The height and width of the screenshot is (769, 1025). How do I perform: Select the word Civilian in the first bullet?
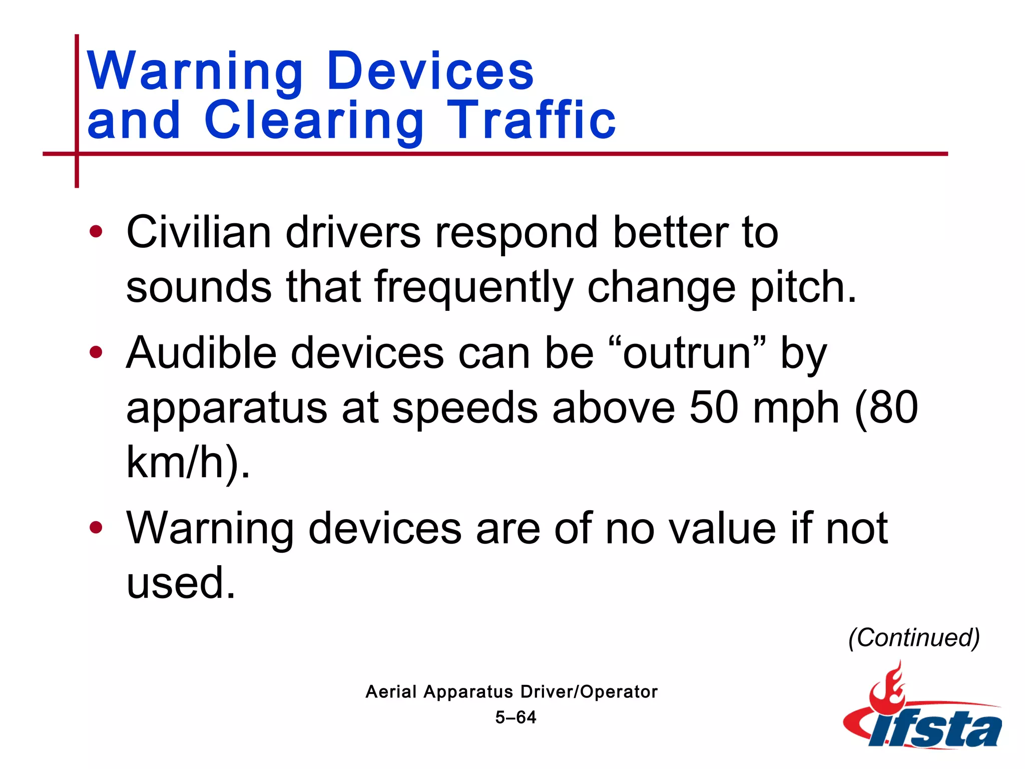199,232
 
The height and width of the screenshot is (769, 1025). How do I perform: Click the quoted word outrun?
687,353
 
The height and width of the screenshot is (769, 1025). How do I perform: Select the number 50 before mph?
713,408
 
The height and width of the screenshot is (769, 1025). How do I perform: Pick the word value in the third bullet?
724,528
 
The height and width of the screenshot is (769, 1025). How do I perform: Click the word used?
180,583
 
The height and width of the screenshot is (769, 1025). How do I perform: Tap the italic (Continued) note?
914,638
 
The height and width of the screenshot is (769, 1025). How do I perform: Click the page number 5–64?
516,717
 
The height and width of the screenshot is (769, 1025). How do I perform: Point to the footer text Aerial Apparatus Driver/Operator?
511,692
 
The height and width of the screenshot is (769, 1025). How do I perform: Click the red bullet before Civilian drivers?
96,232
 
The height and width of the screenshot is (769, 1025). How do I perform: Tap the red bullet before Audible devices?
96,352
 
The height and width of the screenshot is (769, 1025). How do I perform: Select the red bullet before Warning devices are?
96,528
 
